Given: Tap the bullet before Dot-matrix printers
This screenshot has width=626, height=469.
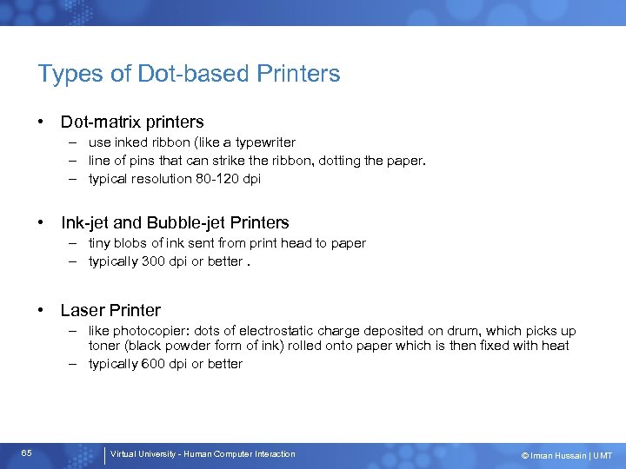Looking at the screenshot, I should coord(42,122).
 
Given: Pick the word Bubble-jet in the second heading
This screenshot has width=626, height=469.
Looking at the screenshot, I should coord(188,223).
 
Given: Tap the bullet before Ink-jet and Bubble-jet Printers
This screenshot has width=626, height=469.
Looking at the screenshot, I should coord(42,223).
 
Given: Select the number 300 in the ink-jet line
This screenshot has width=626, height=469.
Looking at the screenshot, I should coord(155,261).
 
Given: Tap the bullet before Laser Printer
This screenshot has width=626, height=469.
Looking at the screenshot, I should coord(42,310).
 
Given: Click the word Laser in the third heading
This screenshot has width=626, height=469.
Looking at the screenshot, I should coord(83,310).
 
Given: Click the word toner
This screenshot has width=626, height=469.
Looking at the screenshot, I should coord(105,346).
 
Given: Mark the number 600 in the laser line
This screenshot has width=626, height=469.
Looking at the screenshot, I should coord(155,364).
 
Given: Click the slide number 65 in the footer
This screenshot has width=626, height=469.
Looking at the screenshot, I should coord(27,453).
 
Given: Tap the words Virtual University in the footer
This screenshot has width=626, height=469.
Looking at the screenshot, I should coord(144,454).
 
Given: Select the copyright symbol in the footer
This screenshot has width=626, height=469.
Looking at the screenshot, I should coord(524,456).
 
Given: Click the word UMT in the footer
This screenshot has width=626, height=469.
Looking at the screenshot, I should coord(603,456).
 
